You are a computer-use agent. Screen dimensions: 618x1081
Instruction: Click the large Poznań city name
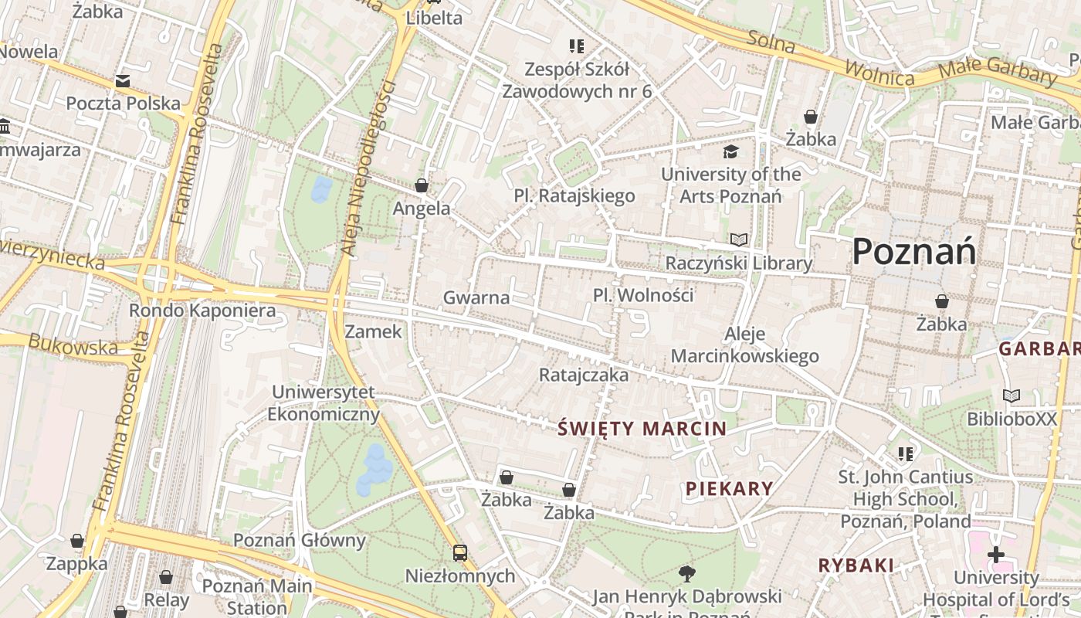coord(914,251)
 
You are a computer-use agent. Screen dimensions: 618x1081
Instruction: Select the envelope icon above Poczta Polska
coord(122,81)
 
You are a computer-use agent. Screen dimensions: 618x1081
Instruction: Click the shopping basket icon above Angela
coord(422,185)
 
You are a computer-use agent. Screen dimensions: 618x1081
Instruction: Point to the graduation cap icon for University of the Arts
coord(730,151)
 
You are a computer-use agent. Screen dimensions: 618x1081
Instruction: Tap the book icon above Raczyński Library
coord(739,240)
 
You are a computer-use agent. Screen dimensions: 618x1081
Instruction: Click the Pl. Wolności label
coord(643,295)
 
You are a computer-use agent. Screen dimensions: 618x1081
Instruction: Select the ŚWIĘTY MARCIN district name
coord(642,429)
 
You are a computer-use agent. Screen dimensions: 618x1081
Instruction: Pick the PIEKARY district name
coord(730,488)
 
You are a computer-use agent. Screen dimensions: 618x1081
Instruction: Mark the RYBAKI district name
coord(856,565)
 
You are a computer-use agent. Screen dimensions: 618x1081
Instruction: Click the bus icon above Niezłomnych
coord(460,553)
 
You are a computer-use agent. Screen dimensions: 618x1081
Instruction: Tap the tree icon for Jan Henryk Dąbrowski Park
coord(686,573)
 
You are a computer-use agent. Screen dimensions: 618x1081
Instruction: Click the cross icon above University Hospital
coord(996,555)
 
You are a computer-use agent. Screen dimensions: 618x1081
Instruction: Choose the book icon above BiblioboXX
coord(1012,396)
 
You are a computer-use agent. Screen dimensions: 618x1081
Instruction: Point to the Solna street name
coord(771,42)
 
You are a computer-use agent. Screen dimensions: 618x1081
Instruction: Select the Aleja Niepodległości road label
coord(367,168)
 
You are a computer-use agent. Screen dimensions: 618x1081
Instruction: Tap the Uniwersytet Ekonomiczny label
coord(324,403)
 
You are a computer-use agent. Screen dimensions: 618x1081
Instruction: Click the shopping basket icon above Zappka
coord(77,541)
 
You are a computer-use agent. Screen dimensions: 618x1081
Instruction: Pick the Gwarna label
coord(476,297)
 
